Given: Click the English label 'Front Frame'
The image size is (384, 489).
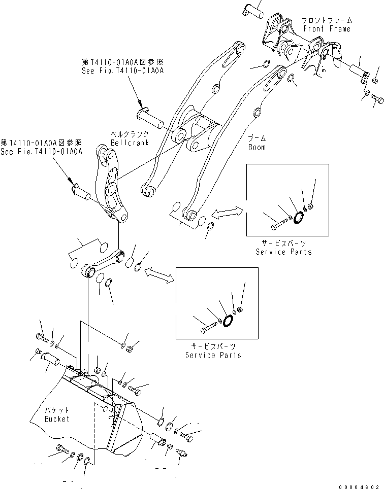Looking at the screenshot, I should (x=327, y=29).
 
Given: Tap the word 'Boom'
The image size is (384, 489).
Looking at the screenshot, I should (x=257, y=147).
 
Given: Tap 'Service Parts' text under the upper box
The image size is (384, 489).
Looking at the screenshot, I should (x=283, y=252).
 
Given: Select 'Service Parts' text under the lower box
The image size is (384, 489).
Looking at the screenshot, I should (x=213, y=355).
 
